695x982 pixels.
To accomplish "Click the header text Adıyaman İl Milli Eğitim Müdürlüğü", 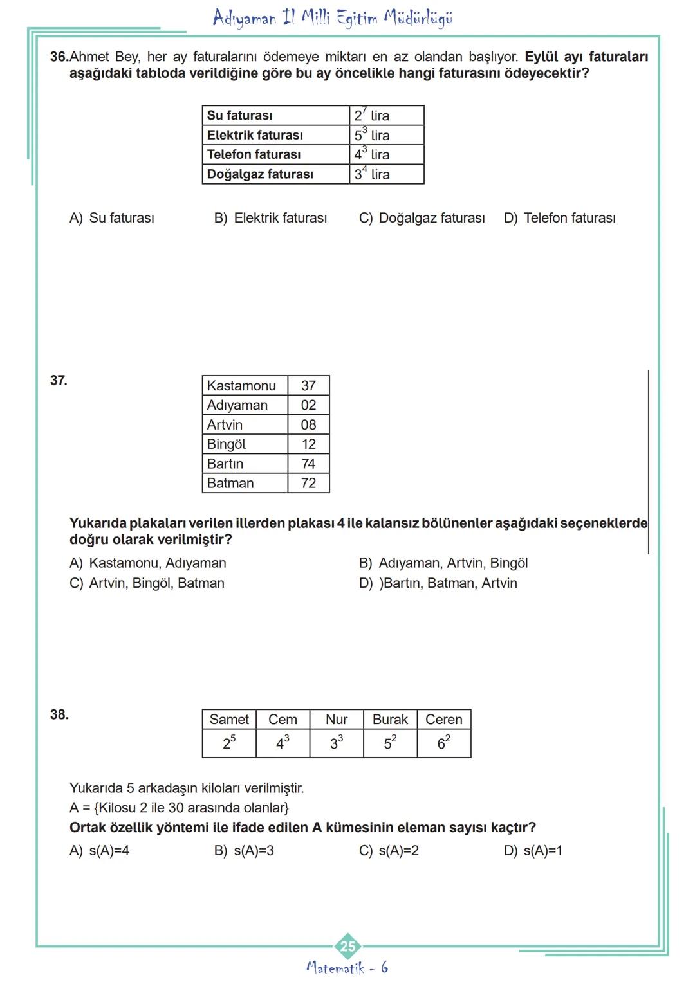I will [x=333, y=17].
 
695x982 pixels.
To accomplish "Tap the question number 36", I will [x=59, y=57].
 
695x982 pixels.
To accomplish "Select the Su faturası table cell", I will [x=275, y=116].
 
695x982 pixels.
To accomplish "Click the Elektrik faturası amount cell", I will [x=386, y=135].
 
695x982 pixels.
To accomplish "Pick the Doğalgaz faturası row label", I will [x=275, y=174].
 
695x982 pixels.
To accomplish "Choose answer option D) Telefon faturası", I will [x=559, y=218].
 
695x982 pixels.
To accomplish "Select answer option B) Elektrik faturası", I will [x=270, y=218].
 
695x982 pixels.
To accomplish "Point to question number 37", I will [x=59, y=380].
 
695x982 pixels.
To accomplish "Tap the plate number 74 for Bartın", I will [x=308, y=464].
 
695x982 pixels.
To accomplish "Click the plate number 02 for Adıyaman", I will [x=308, y=405].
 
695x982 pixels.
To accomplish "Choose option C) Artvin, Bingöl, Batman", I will [x=147, y=583].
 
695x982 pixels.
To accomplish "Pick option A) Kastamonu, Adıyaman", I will [x=148, y=563].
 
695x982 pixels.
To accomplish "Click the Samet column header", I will [x=229, y=720].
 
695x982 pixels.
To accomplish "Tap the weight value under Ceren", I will [x=444, y=743].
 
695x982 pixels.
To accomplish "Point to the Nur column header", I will [x=337, y=720].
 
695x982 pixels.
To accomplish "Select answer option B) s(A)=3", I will [x=244, y=851].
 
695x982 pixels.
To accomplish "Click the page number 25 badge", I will [x=347, y=946].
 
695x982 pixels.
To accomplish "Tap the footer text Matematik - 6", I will [x=347, y=968].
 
